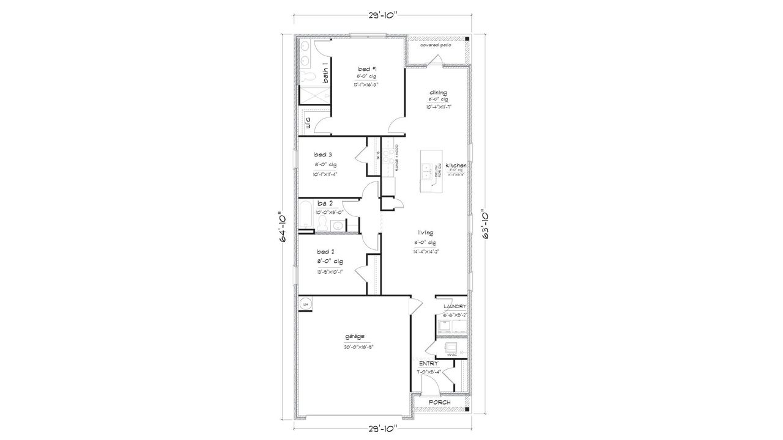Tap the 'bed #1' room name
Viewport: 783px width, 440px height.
pyautogui.click(x=365, y=68)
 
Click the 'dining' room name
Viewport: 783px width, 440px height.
pyautogui.click(x=437, y=92)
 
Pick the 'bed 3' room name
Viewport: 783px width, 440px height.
pyautogui.click(x=324, y=155)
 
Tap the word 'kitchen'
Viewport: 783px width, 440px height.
pyautogui.click(x=456, y=166)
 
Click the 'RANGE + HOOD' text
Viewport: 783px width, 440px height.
pyautogui.click(x=396, y=158)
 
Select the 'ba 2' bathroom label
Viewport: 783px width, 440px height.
pyautogui.click(x=325, y=203)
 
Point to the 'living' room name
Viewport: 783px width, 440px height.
pyautogui.click(x=426, y=233)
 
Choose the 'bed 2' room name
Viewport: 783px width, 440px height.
pyautogui.click(x=325, y=252)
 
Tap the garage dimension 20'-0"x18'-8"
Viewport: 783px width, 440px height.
pyautogui.click(x=358, y=346)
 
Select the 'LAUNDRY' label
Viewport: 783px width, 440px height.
pyautogui.click(x=455, y=306)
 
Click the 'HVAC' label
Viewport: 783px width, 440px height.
pyautogui.click(x=452, y=353)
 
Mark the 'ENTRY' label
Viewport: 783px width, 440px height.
pyautogui.click(x=428, y=363)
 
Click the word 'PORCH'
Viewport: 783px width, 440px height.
pyautogui.click(x=440, y=403)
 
